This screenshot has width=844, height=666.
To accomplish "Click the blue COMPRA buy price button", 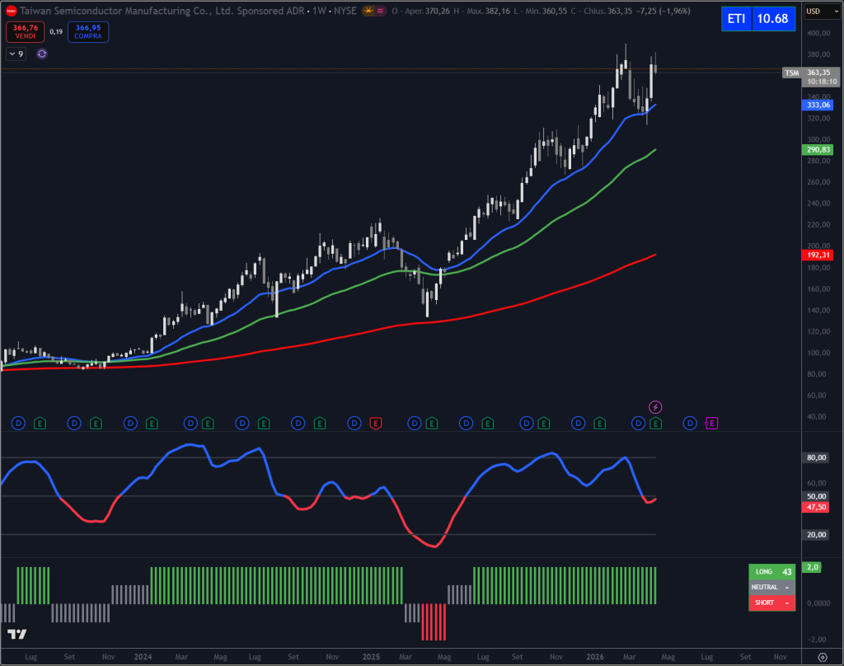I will [87, 31].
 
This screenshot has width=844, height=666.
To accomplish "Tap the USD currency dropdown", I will [817, 11].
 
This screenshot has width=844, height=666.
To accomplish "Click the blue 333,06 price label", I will [818, 105].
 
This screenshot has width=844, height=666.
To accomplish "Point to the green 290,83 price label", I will [818, 149].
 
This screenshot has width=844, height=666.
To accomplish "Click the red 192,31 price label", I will [818, 255].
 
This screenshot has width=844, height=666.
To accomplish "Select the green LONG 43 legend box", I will [774, 571].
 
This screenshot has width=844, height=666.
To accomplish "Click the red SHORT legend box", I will [774, 603].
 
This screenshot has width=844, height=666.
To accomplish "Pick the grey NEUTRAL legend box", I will [774, 587].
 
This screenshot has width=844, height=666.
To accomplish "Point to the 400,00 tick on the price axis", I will [818, 34].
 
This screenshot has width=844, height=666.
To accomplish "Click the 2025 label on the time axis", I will [371, 657].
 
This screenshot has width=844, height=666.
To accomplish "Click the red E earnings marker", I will [376, 423].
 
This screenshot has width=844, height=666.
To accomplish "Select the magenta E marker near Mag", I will [712, 423].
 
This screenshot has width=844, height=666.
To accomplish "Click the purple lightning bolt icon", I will [655, 406].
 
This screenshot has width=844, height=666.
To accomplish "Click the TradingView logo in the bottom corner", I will [16, 634].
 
